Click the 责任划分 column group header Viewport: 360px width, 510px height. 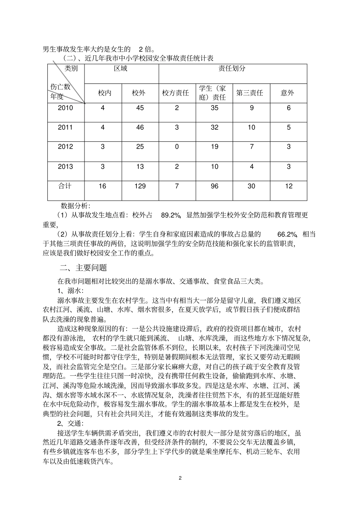tap(232, 69)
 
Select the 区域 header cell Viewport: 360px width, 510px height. tap(121, 69)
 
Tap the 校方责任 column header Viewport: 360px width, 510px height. tap(177, 93)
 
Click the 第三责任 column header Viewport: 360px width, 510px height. tap(251, 93)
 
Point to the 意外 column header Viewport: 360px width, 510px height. tap(288, 93)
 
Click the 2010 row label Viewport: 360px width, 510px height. tap(65, 108)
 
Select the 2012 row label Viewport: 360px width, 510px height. tap(65, 147)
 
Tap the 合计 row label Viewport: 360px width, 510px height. tap(65, 186)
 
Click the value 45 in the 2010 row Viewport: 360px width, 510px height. tap(140, 108)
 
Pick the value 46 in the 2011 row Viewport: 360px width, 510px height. tap(140, 128)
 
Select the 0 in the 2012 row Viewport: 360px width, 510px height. tap(177, 147)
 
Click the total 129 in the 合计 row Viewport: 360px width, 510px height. tap(140, 186)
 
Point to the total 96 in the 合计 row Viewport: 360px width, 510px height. tap(214, 186)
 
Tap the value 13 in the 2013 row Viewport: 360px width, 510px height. tap(140, 167)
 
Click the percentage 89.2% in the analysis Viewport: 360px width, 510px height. tap(171, 215)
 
